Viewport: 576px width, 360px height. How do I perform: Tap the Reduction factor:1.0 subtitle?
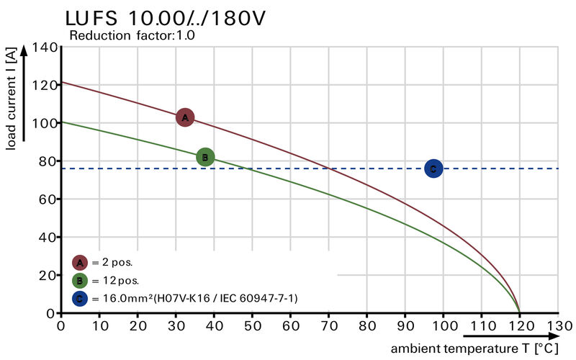(x=132, y=35)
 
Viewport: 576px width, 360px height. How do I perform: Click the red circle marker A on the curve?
(x=185, y=117)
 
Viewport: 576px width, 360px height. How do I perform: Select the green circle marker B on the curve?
(x=205, y=157)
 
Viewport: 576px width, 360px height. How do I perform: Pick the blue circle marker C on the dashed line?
(x=433, y=168)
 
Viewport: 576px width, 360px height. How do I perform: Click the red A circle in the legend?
(x=80, y=263)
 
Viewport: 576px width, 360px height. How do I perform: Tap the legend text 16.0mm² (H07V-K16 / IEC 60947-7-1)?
(x=194, y=298)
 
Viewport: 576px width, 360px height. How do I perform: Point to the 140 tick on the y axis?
(x=44, y=48)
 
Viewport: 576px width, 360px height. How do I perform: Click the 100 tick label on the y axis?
(x=44, y=123)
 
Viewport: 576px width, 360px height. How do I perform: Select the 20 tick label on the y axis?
(x=47, y=275)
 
